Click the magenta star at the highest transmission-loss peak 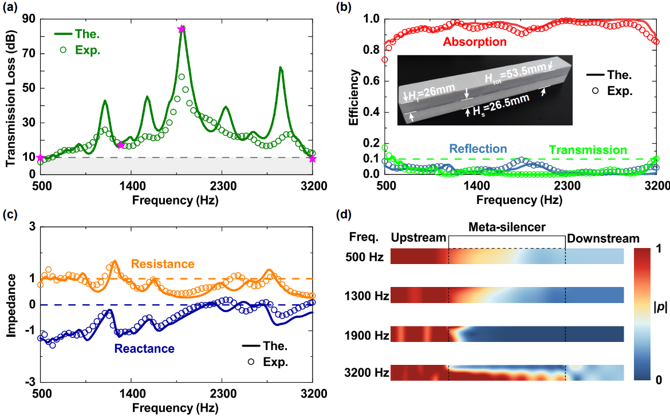[x=182, y=29]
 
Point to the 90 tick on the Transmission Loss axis [x=28, y=19]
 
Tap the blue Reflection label [x=478, y=149]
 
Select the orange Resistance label [x=163, y=264]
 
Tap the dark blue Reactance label [x=144, y=348]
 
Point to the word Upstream [x=418, y=238]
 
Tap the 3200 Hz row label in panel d [x=368, y=373]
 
